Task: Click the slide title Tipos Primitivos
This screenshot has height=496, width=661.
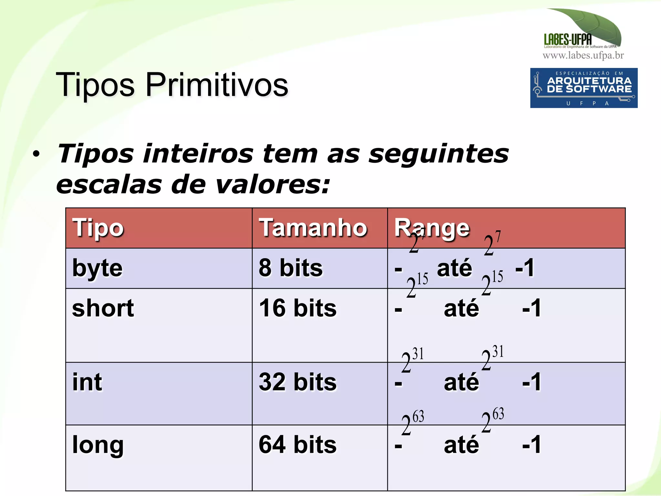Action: [172, 85]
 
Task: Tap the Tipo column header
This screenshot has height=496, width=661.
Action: [98, 228]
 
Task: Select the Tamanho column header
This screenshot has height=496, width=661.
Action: [313, 228]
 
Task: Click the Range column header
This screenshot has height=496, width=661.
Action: [432, 228]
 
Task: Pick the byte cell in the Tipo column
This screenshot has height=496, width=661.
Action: [97, 268]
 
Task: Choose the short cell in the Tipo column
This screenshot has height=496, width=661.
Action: [103, 309]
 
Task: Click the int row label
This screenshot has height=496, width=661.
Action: [87, 382]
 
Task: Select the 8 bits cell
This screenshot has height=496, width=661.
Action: [290, 268]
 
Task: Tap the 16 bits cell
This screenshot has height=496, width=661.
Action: [298, 309]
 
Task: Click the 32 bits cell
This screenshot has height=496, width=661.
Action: [298, 382]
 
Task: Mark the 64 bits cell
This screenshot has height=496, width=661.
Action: [298, 445]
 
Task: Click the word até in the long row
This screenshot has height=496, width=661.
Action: [461, 445]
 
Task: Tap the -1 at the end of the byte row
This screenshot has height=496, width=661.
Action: [525, 268]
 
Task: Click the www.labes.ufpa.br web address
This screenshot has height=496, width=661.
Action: [583, 56]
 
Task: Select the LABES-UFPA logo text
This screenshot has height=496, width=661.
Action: [568, 39]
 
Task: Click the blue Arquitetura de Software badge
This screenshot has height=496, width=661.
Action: [584, 88]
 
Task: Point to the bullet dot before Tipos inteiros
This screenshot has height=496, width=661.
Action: [36, 154]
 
